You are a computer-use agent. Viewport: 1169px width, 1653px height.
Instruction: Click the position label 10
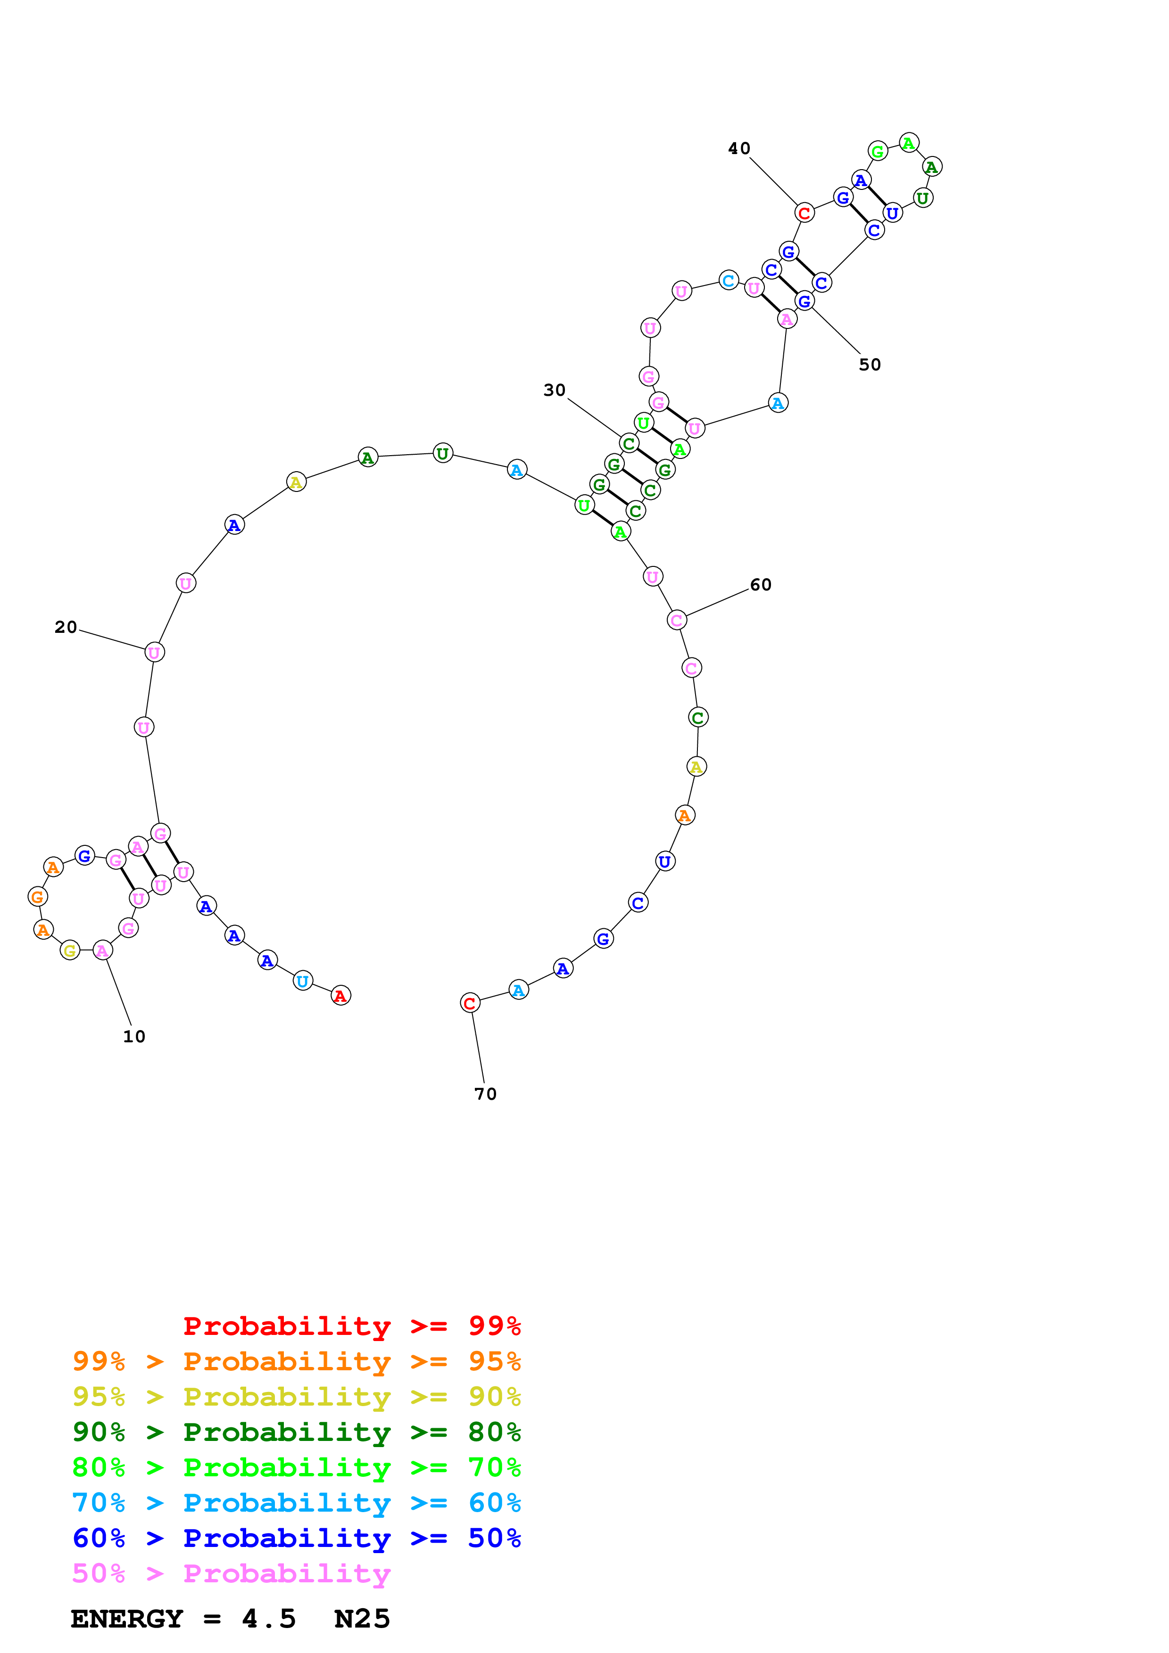click(134, 1037)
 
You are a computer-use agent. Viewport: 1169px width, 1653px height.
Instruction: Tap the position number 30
click(554, 390)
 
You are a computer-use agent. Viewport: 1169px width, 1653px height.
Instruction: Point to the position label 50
click(870, 365)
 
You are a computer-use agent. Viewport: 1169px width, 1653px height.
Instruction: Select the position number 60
click(761, 585)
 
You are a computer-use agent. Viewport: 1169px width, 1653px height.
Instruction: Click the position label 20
click(66, 627)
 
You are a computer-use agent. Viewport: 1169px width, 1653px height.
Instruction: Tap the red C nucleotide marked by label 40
click(804, 213)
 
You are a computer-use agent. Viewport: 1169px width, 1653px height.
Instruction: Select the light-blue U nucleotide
click(303, 981)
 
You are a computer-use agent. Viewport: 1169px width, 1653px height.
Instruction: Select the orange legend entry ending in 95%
click(296, 1361)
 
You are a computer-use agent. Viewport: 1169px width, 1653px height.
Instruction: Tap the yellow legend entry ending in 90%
click(296, 1397)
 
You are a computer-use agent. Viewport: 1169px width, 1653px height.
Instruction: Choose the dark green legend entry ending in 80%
click(296, 1432)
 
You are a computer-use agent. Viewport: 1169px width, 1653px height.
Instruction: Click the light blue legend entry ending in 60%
click(296, 1503)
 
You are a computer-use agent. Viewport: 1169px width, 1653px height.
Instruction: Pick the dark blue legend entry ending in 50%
click(296, 1538)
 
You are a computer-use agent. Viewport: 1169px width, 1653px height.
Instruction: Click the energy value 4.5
click(269, 1619)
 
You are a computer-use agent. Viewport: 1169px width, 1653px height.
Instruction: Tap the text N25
click(362, 1619)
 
